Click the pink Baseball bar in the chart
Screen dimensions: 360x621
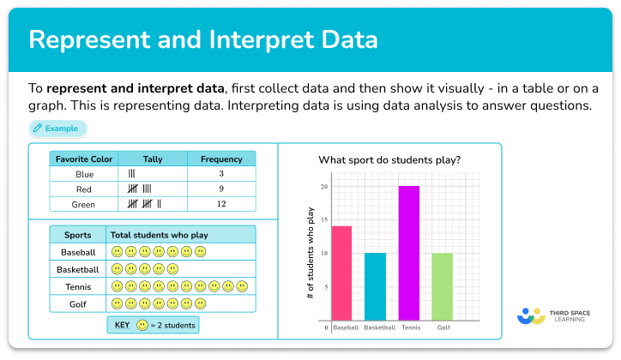341,273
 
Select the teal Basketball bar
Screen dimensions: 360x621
375,287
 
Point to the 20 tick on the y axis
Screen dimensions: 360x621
324,187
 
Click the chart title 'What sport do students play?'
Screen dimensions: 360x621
389,159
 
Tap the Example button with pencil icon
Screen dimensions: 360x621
57,129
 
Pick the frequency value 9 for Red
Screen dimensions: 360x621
220,189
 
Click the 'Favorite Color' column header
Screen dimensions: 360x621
83,159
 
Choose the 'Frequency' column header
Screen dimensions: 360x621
220,159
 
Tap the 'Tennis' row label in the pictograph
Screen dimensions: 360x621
78,286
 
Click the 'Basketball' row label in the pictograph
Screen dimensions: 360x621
78,269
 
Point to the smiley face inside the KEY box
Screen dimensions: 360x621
142,325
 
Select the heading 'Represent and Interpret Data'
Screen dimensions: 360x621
203,40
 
